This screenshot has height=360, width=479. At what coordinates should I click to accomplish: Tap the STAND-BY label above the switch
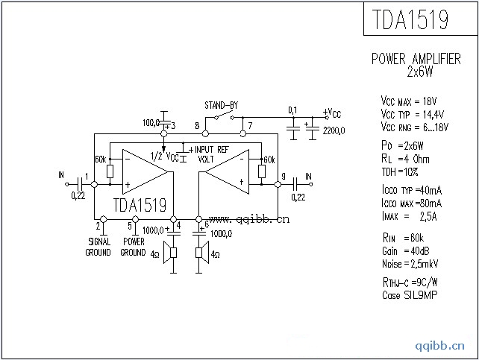(221, 105)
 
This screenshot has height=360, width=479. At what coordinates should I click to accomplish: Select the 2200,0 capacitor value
(334, 130)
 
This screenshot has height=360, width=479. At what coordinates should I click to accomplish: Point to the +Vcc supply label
(332, 113)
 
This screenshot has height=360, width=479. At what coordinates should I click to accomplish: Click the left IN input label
(60, 176)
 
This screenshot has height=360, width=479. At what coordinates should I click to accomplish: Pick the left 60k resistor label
(100, 160)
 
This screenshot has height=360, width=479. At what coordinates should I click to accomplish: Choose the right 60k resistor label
(269, 160)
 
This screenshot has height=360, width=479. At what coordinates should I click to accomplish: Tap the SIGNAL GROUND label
(99, 247)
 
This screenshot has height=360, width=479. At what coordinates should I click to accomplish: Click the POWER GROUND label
(133, 247)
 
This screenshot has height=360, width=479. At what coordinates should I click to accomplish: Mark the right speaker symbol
(199, 254)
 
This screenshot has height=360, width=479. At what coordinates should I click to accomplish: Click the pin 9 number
(283, 177)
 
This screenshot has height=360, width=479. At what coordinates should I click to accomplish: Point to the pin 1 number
(87, 177)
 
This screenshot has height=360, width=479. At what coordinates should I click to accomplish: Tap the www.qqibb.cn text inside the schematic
(248, 220)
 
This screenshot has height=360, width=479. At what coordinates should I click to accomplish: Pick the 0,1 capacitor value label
(292, 110)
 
